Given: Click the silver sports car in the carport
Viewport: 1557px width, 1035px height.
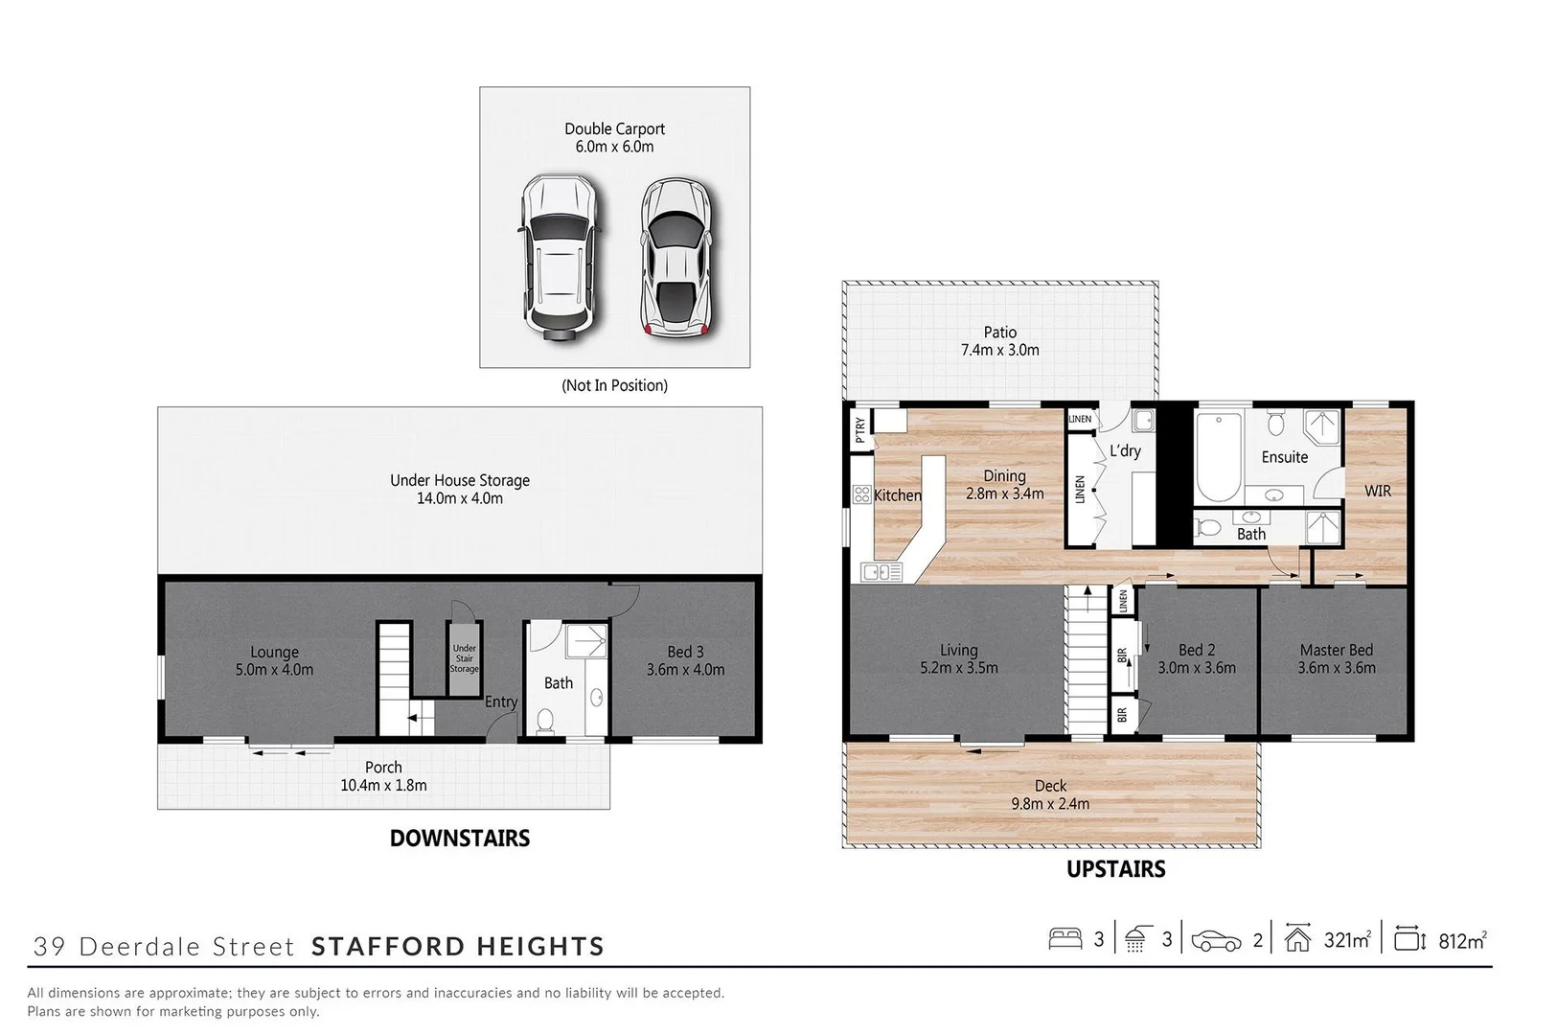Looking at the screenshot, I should point(677,256).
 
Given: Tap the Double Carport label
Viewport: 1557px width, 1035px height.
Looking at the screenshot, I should point(614,129).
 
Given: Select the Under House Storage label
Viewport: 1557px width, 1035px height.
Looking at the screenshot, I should point(460,481).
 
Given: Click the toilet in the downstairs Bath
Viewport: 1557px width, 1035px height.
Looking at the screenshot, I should point(545,722).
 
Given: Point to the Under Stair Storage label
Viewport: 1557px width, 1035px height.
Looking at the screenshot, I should point(465,658).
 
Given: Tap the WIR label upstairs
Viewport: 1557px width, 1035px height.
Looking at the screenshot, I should point(1377,491).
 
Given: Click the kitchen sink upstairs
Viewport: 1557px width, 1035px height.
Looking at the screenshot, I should point(882,572).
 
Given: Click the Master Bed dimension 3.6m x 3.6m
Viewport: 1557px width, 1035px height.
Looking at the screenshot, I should point(1337,668).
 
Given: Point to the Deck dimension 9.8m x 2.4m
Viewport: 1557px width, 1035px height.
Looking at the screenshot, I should point(1050,804).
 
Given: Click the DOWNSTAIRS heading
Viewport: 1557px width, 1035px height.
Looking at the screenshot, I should point(460,839).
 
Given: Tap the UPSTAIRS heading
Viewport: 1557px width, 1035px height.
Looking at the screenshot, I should point(1116,869).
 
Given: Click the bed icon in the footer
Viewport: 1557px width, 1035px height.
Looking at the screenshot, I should point(1065,939).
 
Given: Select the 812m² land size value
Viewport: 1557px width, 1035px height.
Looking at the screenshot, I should point(1462,940).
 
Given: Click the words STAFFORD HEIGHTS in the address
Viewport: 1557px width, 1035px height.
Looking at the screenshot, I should point(458,947).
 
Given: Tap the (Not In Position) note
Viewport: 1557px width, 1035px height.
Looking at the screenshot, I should point(614,385).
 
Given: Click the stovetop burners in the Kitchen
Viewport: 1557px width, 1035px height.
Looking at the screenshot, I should point(860,494).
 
